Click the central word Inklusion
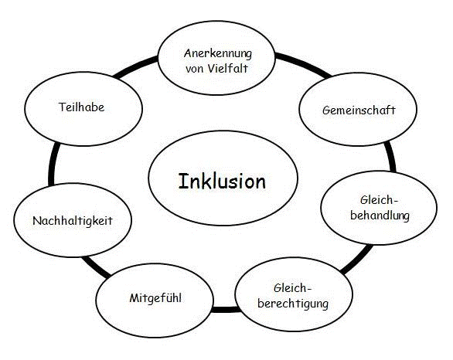point(222,182)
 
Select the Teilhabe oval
point(81,107)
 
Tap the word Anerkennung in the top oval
point(219,53)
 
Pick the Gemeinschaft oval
point(359,110)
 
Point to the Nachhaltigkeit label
point(73,220)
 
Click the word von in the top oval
point(195,67)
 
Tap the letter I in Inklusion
point(183,182)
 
